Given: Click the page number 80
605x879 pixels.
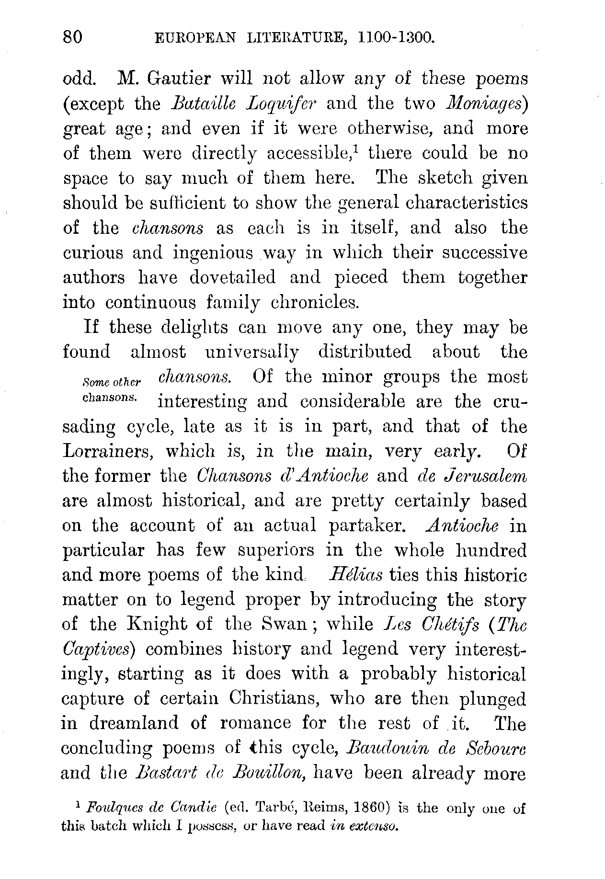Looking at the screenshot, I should (73, 37).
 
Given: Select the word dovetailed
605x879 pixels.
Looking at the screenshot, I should (232, 278).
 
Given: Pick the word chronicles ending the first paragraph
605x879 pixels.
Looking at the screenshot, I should (315, 303).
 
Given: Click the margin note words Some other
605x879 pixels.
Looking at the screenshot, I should (111, 382).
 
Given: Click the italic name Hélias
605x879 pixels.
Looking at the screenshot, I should (355, 575).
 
